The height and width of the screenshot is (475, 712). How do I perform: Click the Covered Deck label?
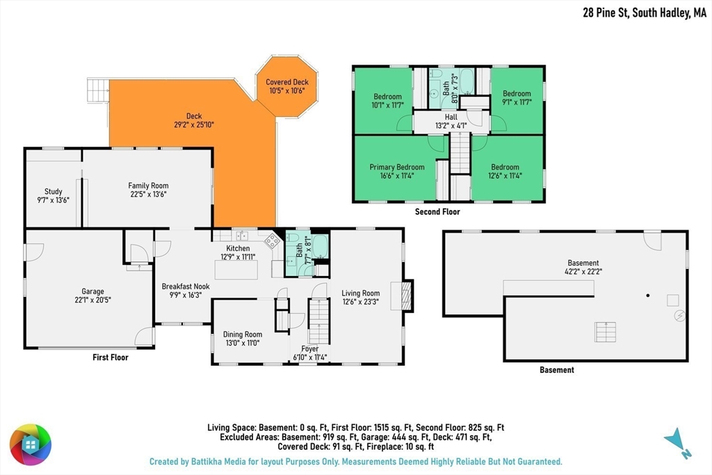click(x=287, y=82)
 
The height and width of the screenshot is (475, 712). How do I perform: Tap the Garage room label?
click(x=92, y=291)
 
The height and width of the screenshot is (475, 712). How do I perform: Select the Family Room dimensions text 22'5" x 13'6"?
click(x=148, y=194)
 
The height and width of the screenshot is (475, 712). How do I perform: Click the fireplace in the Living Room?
click(x=407, y=296)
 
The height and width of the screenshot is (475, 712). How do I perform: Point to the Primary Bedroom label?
click(x=397, y=167)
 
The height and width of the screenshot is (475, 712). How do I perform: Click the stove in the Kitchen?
click(x=273, y=241)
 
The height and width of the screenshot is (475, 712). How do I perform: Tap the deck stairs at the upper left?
click(x=98, y=90)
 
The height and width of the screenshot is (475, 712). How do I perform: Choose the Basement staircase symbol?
click(x=606, y=332)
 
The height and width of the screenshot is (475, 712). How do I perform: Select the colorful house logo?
click(x=31, y=444)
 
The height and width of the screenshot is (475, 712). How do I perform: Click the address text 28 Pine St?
click(x=606, y=13)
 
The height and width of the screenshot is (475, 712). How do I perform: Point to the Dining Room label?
click(x=243, y=335)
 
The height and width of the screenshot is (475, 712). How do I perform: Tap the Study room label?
click(x=53, y=192)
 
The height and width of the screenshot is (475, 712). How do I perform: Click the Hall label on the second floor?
click(x=451, y=117)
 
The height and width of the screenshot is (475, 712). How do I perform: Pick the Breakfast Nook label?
click(x=186, y=287)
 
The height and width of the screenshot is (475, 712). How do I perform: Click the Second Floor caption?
click(x=437, y=211)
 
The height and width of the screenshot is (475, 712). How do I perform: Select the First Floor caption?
click(x=111, y=357)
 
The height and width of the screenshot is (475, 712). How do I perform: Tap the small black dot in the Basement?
click(x=648, y=296)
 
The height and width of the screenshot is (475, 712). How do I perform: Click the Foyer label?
click(x=309, y=348)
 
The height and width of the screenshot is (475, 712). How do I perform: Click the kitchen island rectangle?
click(x=236, y=270)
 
